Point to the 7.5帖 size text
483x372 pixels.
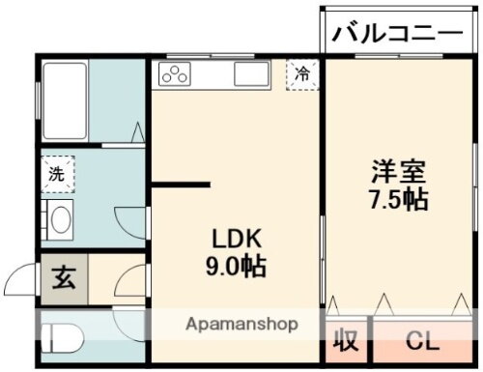(x=398, y=200)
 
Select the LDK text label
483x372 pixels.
(x=233, y=239)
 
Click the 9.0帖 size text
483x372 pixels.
(x=233, y=266)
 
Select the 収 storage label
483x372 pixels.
(x=346, y=342)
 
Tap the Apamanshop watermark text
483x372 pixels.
(x=241, y=324)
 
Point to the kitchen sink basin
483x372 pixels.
(x=250, y=75)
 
